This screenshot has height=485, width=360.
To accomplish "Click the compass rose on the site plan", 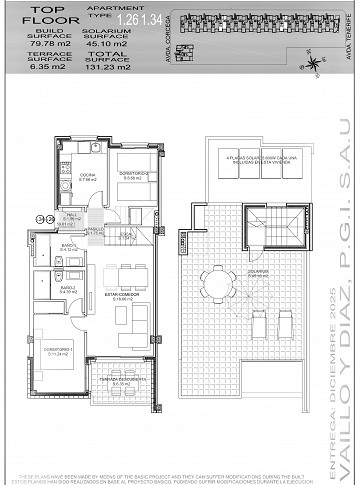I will click(316, 65).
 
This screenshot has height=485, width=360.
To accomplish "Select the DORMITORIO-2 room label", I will click(135, 174).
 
